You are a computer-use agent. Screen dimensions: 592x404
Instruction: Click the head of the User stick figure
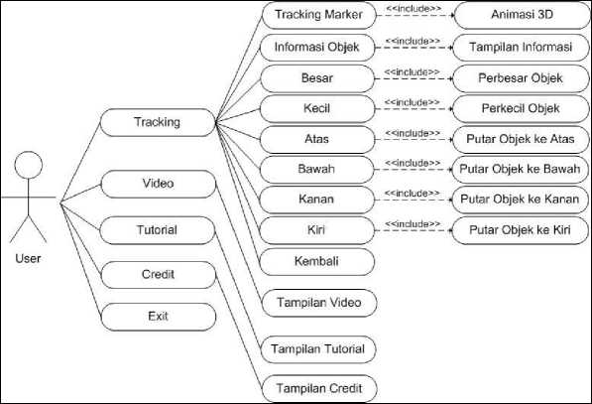29,165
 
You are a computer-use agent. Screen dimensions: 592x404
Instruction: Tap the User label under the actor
28,258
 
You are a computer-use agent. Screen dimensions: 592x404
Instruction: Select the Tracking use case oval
158,122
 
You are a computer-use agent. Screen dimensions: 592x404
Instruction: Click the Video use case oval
159,184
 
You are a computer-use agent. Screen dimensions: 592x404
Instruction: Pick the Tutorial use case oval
158,230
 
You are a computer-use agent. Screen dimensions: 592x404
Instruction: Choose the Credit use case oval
159,275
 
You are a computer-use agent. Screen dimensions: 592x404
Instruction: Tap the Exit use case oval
159,317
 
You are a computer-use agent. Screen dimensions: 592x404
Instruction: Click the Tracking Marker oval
319,15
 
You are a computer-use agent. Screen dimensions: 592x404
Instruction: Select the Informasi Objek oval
317,48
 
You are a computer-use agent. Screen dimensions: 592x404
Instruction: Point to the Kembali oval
316,261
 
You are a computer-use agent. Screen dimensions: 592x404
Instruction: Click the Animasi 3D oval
523,15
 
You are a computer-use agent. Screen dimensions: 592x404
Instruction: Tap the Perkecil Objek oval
521,109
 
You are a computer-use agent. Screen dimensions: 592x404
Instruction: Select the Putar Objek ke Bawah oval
520,170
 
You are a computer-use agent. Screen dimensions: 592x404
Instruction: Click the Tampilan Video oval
319,303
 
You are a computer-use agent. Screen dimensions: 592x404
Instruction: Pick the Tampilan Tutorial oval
318,349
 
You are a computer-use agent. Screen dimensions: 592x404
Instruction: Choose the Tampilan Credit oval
319,389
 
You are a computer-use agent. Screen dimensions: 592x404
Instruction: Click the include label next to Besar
412,71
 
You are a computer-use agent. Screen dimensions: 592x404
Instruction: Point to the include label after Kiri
413,224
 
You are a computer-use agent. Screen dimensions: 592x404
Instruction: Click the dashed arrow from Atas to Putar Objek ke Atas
414,139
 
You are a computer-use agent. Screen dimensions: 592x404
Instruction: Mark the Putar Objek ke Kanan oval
520,200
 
